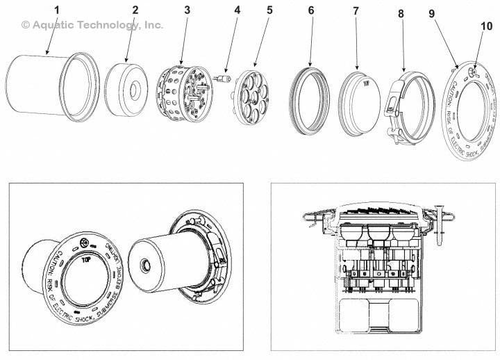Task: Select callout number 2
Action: click(135, 10)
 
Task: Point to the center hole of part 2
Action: click(133, 88)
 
